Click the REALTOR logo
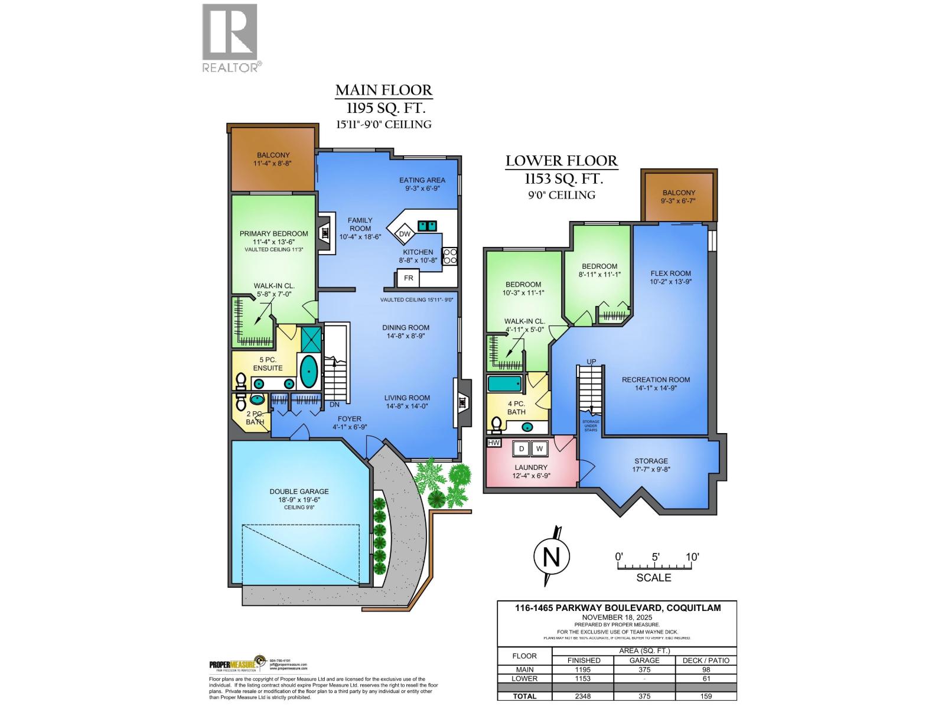(x=230, y=38)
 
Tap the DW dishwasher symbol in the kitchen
(x=405, y=234)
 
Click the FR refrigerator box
(x=408, y=278)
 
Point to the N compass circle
(x=551, y=556)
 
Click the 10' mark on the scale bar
(x=692, y=557)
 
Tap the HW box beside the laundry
(x=493, y=443)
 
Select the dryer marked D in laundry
(x=522, y=449)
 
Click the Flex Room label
(x=670, y=274)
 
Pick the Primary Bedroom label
(x=273, y=233)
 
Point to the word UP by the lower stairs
(x=591, y=362)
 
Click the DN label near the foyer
(x=334, y=405)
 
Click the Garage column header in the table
(x=644, y=660)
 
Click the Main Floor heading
(x=384, y=90)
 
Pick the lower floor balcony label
(x=679, y=193)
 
